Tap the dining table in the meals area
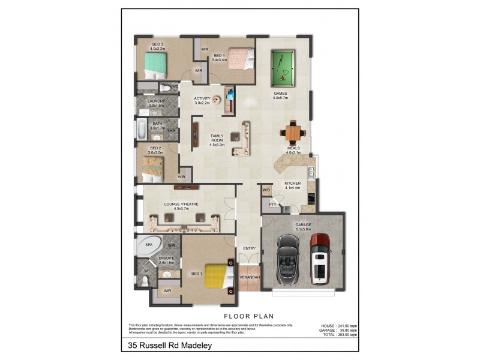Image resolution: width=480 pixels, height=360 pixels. click(292, 132)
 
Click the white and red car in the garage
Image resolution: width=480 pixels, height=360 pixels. click(320, 258)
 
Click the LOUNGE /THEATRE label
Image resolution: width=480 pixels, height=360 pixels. click(181, 204)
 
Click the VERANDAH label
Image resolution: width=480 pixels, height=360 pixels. click(249, 278)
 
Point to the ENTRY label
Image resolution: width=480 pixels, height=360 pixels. click(249, 248)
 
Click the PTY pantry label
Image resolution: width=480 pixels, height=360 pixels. click(272, 205)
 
